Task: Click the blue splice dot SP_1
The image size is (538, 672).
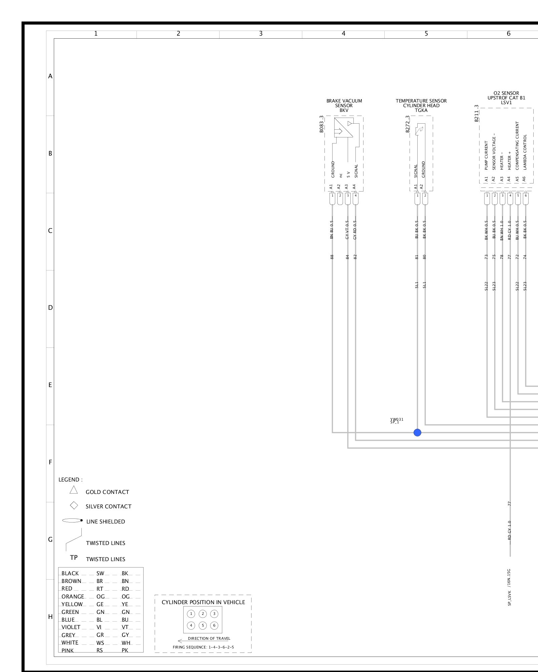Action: click(417, 432)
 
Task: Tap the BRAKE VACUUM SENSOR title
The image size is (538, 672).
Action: click(344, 106)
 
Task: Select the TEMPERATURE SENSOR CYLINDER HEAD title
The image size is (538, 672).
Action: click(421, 106)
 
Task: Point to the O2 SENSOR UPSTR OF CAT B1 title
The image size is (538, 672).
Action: click(506, 98)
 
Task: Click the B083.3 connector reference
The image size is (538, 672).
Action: click(321, 124)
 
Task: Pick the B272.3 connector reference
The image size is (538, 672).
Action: click(408, 124)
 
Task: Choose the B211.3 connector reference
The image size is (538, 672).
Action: click(476, 113)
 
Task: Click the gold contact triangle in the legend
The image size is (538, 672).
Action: click(74, 490)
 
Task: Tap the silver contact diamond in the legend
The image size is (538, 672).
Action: click(74, 506)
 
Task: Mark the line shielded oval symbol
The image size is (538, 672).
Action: click(72, 521)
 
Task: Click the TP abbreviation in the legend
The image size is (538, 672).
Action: click(74, 557)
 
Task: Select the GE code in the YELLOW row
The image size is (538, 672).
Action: click(100, 604)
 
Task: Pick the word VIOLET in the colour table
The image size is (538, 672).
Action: click(71, 627)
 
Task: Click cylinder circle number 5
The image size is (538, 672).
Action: click(202, 625)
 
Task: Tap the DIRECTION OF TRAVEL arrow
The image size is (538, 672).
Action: click(182, 641)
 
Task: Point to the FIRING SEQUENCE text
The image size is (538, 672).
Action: click(203, 647)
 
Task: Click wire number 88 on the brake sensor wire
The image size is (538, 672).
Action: click(332, 257)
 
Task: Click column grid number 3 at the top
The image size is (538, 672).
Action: click(261, 34)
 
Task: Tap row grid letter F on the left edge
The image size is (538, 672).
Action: click(50, 462)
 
